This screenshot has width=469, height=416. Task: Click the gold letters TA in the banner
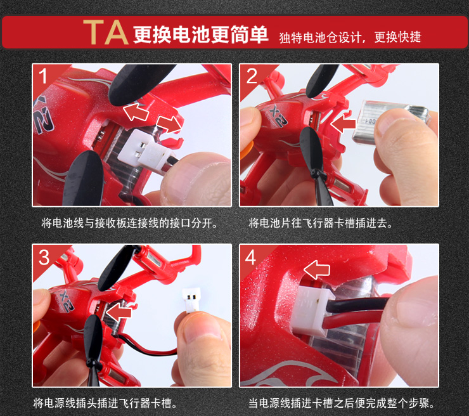coord(106,32)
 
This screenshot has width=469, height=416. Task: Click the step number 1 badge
coord(43,76)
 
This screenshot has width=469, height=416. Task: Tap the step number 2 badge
coord(252,75)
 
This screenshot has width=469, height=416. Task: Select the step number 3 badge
coord(44,257)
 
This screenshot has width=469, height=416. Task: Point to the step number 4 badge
coord(250,257)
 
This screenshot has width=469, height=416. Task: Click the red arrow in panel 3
coord(119,312)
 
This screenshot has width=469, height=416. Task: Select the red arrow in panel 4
coord(317,270)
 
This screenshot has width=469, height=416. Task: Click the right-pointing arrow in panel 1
coord(169,124)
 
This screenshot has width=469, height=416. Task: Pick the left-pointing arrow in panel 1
coord(136,112)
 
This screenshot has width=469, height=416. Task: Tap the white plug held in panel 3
coord(191,301)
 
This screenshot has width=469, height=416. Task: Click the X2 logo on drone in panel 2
coord(278,115)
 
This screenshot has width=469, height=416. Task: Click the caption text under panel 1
coord(129,223)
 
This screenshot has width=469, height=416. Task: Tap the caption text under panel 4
coord(341,403)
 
